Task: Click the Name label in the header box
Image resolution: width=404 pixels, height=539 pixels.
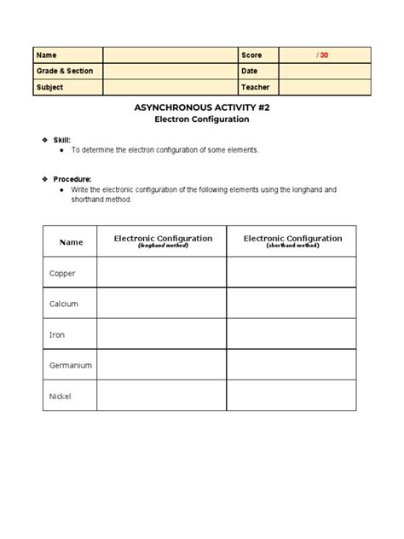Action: point(45,55)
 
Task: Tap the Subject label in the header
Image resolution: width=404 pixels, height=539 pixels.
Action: point(49,87)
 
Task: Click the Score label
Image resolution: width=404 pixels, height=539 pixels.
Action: point(251,55)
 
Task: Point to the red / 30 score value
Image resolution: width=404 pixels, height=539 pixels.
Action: point(321,55)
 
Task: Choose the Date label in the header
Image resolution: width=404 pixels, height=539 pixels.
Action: point(250,71)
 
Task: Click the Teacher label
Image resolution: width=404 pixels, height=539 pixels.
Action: point(255,87)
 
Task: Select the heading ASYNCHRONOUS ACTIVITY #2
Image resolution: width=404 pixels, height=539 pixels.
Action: point(202,109)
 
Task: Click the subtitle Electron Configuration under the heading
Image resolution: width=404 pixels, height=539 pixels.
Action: point(202,120)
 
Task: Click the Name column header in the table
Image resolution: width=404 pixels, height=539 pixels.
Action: point(71,242)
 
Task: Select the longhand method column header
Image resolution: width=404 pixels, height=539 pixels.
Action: point(163,241)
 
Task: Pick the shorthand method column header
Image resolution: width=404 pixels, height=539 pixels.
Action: point(292,241)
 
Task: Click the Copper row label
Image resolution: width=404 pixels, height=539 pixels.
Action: point(64,273)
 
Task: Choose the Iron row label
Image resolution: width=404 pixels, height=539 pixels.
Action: point(58,334)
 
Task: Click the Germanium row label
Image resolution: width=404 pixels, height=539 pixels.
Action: point(71,365)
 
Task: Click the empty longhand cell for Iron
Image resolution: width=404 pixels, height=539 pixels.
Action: point(162,334)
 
